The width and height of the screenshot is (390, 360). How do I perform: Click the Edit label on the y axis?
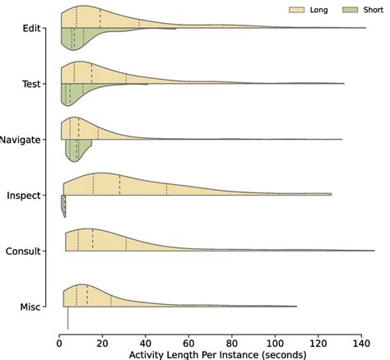coord(32,28)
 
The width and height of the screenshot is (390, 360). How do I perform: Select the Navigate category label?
coord(21,140)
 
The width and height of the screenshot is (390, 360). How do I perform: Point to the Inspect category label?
coord(26,196)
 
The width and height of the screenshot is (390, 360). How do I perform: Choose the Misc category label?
coord(31,307)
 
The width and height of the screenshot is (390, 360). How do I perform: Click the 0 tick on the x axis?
coord(59,341)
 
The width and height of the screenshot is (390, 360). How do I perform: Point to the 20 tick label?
coord(103,341)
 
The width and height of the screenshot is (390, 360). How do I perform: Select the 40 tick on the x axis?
coord(146,341)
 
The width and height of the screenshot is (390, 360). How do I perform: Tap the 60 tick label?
coord(189,341)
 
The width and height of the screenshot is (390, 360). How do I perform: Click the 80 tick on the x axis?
coord(233,341)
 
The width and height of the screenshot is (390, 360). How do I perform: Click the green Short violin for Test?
coord(78,91)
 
